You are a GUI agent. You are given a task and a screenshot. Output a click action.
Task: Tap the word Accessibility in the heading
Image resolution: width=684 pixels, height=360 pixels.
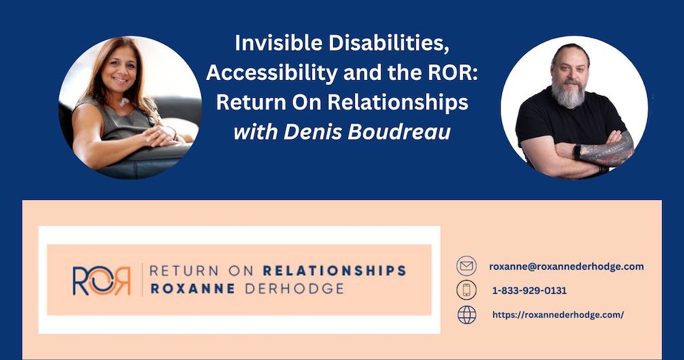pos(272,73)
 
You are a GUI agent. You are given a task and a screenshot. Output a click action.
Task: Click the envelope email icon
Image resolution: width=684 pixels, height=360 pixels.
pos(466,266)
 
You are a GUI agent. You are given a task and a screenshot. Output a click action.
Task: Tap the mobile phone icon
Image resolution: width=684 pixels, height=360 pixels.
pos(466,290)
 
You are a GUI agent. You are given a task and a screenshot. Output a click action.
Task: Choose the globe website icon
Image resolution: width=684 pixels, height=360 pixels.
pos(466,315)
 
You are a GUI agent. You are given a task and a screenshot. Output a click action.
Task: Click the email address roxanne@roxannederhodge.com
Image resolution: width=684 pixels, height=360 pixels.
pos(566,266)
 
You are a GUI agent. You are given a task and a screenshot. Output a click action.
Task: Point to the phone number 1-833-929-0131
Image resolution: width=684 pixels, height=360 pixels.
pos(529,291)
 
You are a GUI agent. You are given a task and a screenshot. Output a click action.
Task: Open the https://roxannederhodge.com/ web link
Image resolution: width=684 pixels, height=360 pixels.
pos(558,315)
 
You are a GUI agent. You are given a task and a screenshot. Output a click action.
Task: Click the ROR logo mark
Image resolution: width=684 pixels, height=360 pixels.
pos(102,281)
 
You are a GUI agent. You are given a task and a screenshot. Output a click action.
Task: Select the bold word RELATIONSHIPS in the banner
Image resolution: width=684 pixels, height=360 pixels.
pos(334,270)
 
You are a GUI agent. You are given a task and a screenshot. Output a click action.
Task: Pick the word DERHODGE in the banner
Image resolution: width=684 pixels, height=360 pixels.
pos(294,288)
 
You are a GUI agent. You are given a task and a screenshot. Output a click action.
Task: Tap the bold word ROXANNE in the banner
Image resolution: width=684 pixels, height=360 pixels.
pos(193,288)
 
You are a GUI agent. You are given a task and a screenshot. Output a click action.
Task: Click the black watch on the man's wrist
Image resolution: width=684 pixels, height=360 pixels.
pos(577,152)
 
